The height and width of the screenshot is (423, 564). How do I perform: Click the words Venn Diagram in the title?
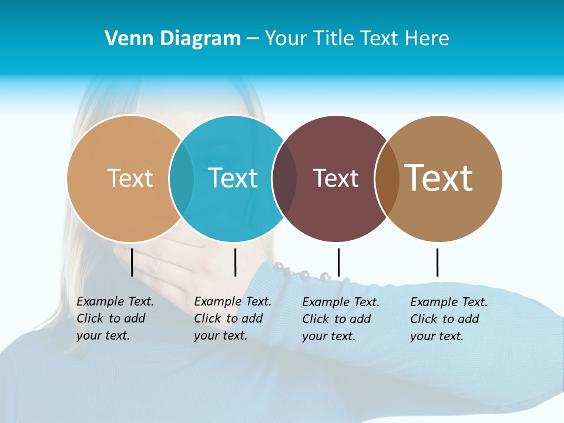click(x=173, y=39)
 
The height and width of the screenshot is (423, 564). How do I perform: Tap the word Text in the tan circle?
click(x=130, y=178)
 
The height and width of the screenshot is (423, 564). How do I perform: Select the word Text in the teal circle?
click(x=233, y=178)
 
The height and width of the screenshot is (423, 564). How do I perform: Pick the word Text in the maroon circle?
click(x=335, y=178)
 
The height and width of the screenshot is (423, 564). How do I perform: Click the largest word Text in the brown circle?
click(x=439, y=177)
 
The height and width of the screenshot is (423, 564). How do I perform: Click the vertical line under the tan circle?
click(x=132, y=262)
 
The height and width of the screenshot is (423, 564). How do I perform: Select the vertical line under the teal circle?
click(x=235, y=262)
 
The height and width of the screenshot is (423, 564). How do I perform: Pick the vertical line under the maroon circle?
click(x=338, y=262)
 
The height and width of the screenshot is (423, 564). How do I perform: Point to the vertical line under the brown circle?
click(x=437, y=262)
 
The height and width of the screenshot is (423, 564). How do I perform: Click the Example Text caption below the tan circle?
click(x=115, y=318)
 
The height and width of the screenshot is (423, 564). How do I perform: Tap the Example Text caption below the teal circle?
click(x=232, y=318)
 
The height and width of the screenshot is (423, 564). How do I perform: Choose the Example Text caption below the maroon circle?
click(x=340, y=319)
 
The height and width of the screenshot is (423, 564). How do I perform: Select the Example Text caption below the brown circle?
click(x=448, y=319)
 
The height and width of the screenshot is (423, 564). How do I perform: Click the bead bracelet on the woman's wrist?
click(x=299, y=273)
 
